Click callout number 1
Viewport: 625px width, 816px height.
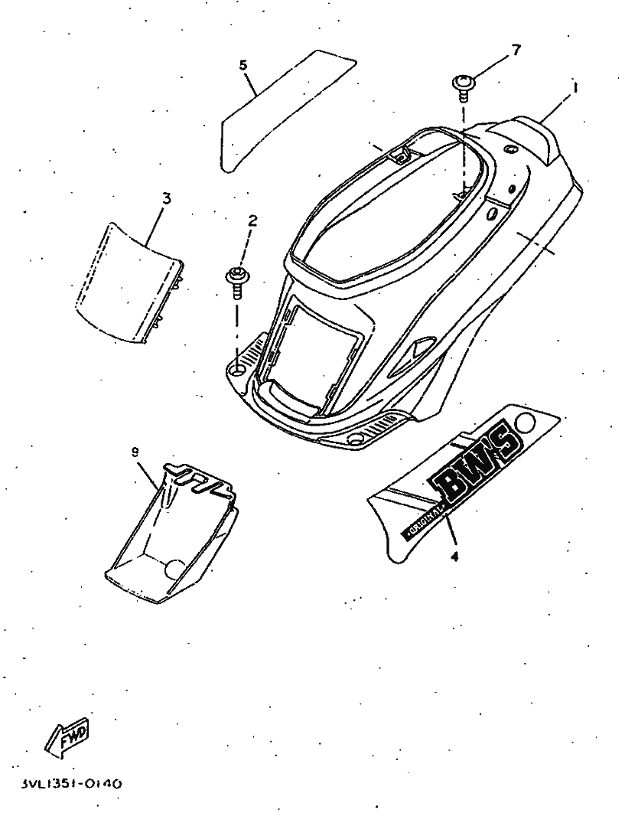pos(575,88)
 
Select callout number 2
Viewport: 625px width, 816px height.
pos(252,220)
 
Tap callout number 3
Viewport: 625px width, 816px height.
pos(167,198)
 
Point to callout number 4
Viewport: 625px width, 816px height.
pos(454,557)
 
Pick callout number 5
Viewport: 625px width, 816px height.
pos(243,65)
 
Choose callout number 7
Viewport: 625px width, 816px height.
pos(516,51)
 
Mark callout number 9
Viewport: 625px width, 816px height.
pos(135,452)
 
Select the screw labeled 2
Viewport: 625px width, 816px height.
pos(236,279)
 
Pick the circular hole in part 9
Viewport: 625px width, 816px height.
pos(175,568)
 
